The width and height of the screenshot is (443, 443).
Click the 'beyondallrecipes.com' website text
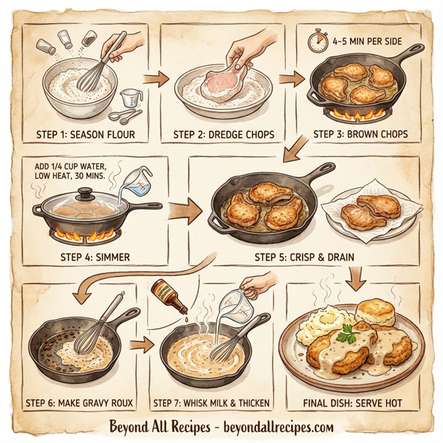point(277,427)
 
